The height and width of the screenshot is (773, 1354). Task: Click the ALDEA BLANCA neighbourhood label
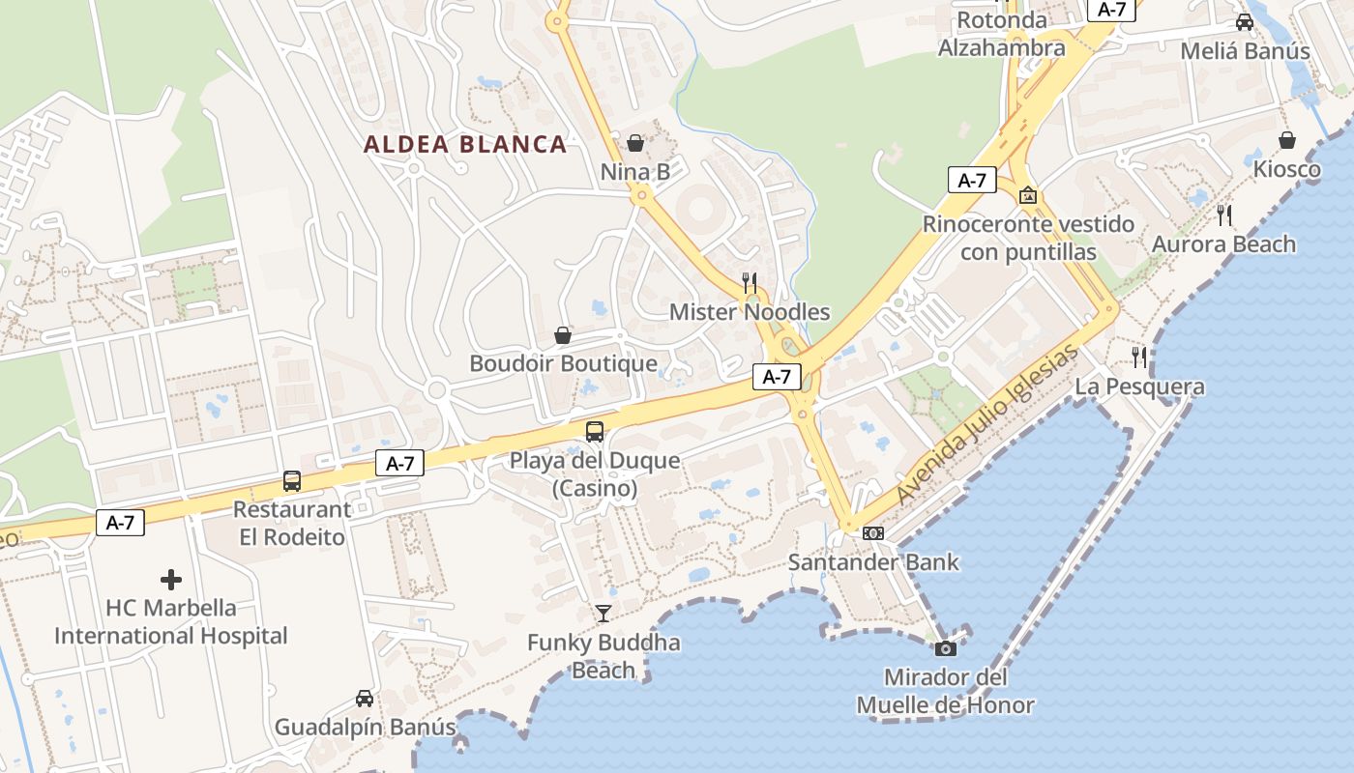click(x=465, y=145)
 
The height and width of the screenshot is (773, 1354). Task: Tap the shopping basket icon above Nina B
click(x=635, y=143)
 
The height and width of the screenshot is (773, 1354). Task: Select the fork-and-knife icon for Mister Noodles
click(x=750, y=282)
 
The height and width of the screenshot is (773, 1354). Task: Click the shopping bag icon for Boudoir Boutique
click(x=563, y=335)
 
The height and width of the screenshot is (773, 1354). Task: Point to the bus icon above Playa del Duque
click(x=595, y=431)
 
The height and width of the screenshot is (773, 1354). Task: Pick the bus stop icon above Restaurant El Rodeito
click(x=291, y=480)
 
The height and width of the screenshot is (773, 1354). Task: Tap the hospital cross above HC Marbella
click(x=171, y=580)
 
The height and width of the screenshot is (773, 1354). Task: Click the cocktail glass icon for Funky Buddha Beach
click(x=603, y=613)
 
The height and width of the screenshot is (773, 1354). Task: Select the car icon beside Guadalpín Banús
click(x=365, y=698)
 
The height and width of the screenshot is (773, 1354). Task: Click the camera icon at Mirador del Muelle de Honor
click(x=946, y=648)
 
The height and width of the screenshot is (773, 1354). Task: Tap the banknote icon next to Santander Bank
click(x=872, y=533)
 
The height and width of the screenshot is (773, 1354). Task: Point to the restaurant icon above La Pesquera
click(x=1140, y=358)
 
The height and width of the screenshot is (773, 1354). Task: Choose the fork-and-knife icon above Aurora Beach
click(x=1224, y=215)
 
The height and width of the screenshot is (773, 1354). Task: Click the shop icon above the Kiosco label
click(x=1287, y=140)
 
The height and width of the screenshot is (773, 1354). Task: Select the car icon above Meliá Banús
click(x=1245, y=21)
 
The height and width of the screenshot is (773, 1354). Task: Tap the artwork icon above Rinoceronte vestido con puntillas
click(x=1027, y=195)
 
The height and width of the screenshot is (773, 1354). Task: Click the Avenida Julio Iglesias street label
click(x=986, y=425)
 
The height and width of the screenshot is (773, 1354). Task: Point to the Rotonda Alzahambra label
click(x=1002, y=34)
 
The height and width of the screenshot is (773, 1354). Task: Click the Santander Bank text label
click(x=873, y=562)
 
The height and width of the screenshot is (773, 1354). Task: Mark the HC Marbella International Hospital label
click(x=171, y=622)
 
